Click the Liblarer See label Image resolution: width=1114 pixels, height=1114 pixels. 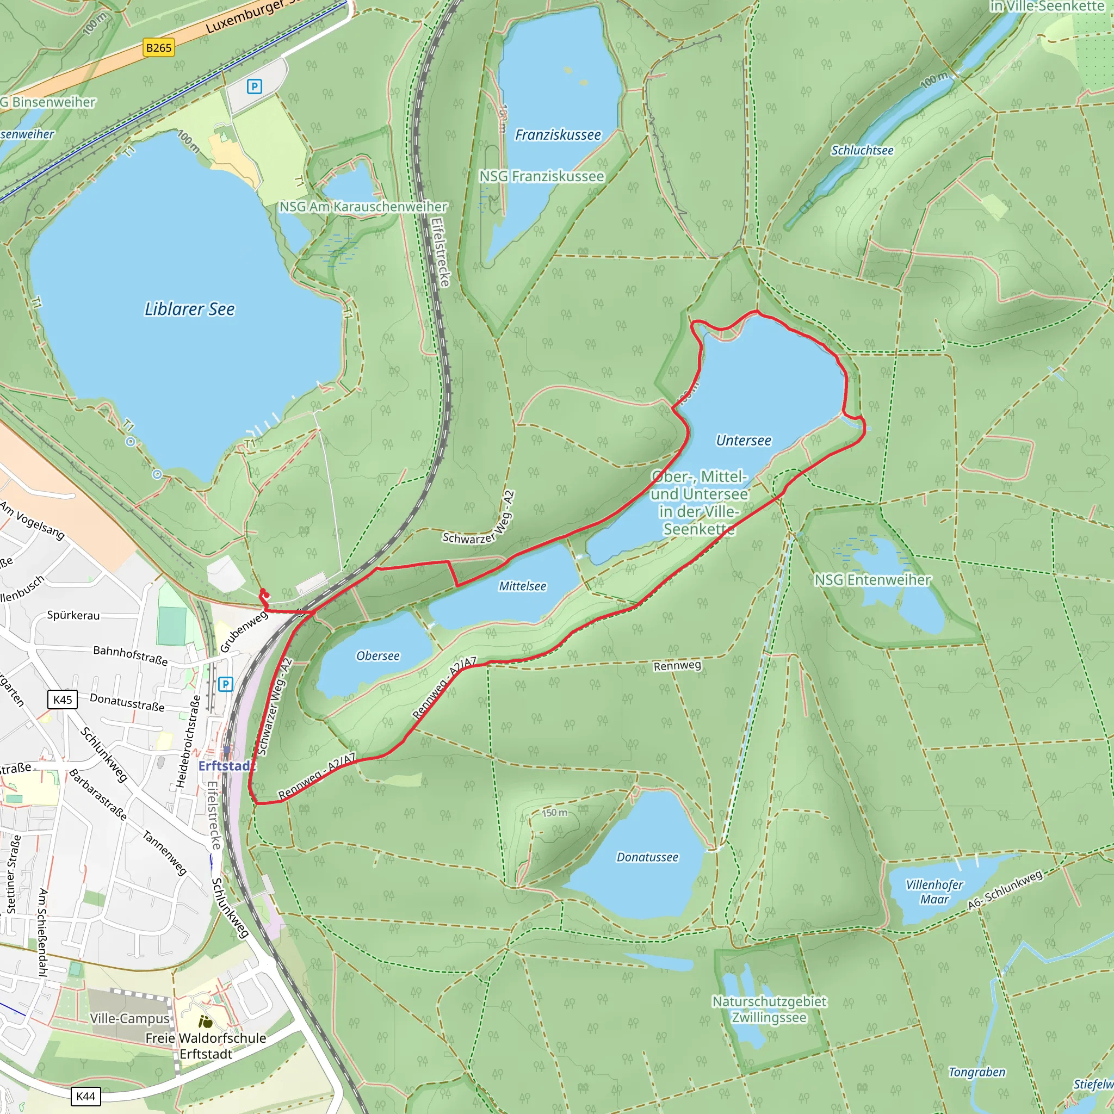click(x=189, y=309)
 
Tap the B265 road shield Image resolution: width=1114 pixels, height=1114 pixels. click(x=159, y=48)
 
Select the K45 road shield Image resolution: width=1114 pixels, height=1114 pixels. click(x=62, y=700)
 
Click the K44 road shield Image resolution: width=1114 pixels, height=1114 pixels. click(x=85, y=1096)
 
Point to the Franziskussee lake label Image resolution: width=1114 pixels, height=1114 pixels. click(x=558, y=135)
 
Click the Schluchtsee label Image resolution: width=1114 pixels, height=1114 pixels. click(x=862, y=151)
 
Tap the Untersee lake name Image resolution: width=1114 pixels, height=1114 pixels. click(x=743, y=441)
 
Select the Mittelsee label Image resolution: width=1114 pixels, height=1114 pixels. click(x=522, y=586)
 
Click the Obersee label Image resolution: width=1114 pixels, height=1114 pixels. click(x=377, y=656)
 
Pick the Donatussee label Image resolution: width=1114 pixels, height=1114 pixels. click(x=647, y=857)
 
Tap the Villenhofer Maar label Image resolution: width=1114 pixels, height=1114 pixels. click(x=934, y=892)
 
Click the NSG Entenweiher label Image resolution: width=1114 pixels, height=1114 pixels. click(x=872, y=580)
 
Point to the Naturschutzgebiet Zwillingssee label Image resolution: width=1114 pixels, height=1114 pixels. click(x=769, y=1009)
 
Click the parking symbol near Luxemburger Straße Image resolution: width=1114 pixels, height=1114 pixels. click(x=254, y=86)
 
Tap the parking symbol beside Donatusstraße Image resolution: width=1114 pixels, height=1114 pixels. click(x=225, y=684)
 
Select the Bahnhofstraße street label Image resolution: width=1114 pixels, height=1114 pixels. click(x=131, y=655)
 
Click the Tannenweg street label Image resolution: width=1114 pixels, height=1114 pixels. click(x=165, y=853)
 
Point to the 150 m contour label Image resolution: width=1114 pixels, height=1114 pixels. click(x=554, y=813)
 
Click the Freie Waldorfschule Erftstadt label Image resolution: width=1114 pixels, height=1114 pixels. click(x=206, y=1046)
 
